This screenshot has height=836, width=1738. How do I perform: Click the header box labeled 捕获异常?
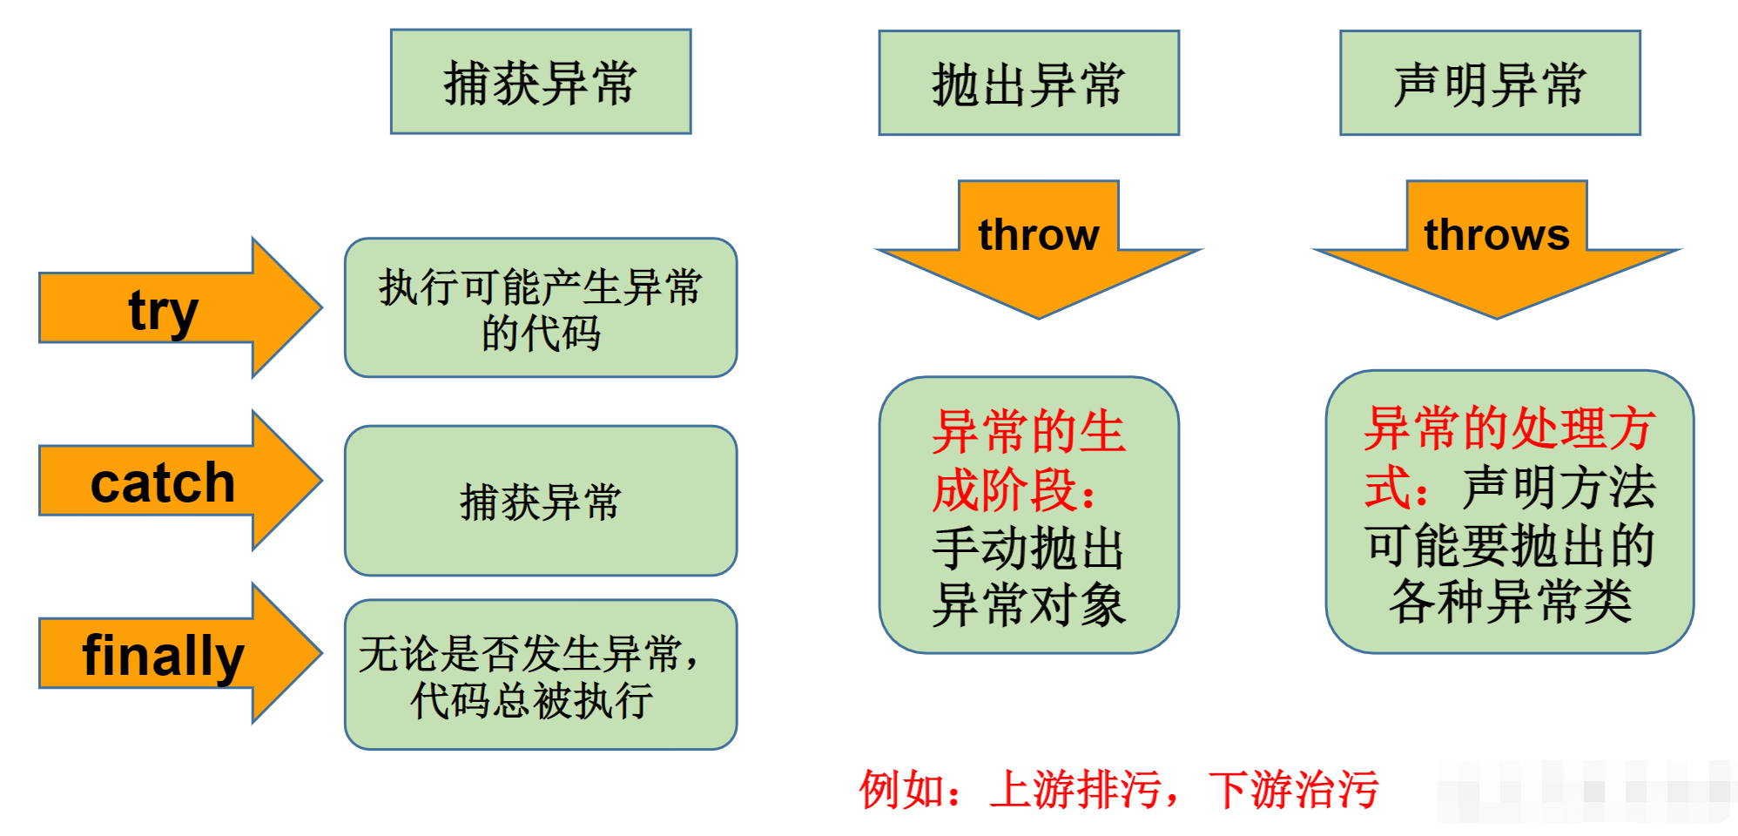coord(540,82)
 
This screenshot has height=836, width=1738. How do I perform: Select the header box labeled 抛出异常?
coord(1028,84)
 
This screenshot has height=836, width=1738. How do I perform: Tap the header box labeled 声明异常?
coord(1490,84)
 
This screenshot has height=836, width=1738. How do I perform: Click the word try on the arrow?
coord(163,310)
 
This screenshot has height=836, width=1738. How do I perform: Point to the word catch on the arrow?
coord(163,482)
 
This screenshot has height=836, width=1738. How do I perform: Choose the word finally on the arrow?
coord(163,655)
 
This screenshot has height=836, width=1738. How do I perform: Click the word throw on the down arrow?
coord(1038,234)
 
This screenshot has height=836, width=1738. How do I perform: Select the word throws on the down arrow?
coord(1496,234)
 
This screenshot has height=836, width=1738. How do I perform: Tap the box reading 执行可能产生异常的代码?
coord(540,308)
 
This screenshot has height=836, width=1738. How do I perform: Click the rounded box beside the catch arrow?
coord(540,501)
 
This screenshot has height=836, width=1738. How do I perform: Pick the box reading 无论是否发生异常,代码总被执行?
coord(540,675)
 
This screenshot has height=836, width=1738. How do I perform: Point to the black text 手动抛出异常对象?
coord(1027,576)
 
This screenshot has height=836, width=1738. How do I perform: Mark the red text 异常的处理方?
coord(1509,428)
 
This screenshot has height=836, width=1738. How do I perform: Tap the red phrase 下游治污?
coord(1293,790)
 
